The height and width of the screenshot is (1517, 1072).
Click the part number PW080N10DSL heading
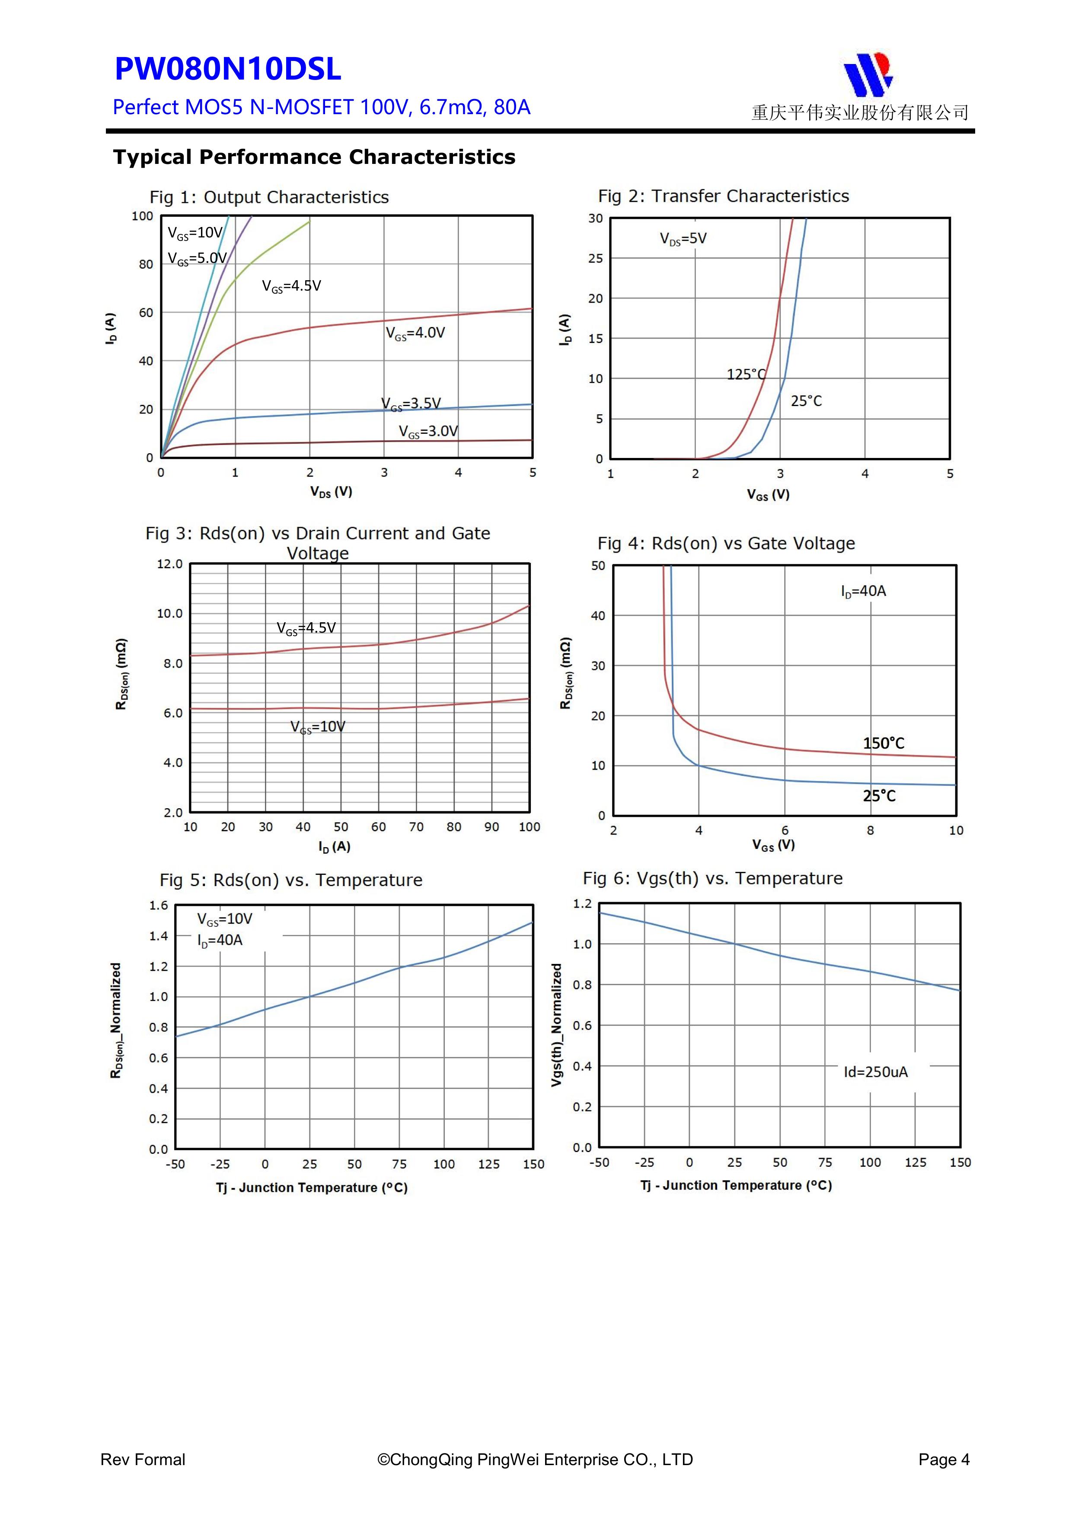(228, 69)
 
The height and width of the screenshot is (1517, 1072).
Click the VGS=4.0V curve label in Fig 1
(415, 333)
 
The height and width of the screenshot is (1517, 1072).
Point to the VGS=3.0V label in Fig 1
(428, 432)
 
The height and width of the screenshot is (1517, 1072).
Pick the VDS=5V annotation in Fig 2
(683, 239)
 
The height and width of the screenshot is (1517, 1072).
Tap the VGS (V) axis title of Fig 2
(768, 495)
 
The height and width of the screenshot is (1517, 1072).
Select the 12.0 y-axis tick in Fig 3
(170, 564)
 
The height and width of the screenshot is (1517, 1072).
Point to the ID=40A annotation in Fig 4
(863, 591)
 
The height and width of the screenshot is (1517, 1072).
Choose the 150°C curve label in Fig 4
(883, 743)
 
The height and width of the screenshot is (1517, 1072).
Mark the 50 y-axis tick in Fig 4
(598, 566)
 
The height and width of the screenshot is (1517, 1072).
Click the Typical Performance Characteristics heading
(314, 157)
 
